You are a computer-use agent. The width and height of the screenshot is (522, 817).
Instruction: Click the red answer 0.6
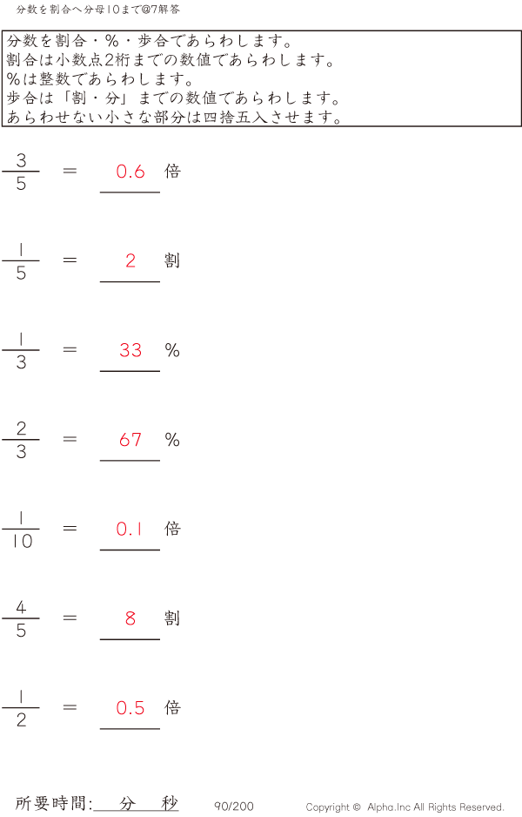pos(130,172)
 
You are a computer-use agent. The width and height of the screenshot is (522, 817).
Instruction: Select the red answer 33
pos(130,350)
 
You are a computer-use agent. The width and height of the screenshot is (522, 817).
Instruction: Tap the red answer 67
pos(130,440)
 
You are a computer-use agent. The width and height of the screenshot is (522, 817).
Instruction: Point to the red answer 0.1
pos(130,529)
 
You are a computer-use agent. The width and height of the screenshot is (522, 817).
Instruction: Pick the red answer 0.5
pos(130,708)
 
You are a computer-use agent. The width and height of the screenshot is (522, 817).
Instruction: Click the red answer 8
pos(130,618)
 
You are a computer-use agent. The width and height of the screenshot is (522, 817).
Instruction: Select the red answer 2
pos(130,260)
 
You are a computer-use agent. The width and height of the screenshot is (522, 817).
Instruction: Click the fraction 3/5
pos(21,172)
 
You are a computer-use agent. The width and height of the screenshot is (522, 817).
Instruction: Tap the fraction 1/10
pos(21,529)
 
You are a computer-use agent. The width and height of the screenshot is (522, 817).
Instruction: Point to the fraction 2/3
pos(21,440)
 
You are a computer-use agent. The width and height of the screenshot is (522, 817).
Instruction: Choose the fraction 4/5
pos(21,618)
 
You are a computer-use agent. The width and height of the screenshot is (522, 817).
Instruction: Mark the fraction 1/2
pos(21,708)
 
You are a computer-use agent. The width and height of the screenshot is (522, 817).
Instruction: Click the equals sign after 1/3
pos(70,349)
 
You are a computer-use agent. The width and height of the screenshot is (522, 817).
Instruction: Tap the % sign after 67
pos(172,440)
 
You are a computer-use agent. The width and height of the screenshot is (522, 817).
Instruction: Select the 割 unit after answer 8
pos(172,618)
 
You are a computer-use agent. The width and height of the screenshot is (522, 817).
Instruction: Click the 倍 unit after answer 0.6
pos(172,171)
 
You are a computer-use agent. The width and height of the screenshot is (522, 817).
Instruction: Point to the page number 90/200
pos(234,807)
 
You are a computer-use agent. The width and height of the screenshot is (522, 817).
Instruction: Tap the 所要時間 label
pos(53,804)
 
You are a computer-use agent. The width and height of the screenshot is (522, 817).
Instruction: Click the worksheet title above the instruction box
pos(98,9)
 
